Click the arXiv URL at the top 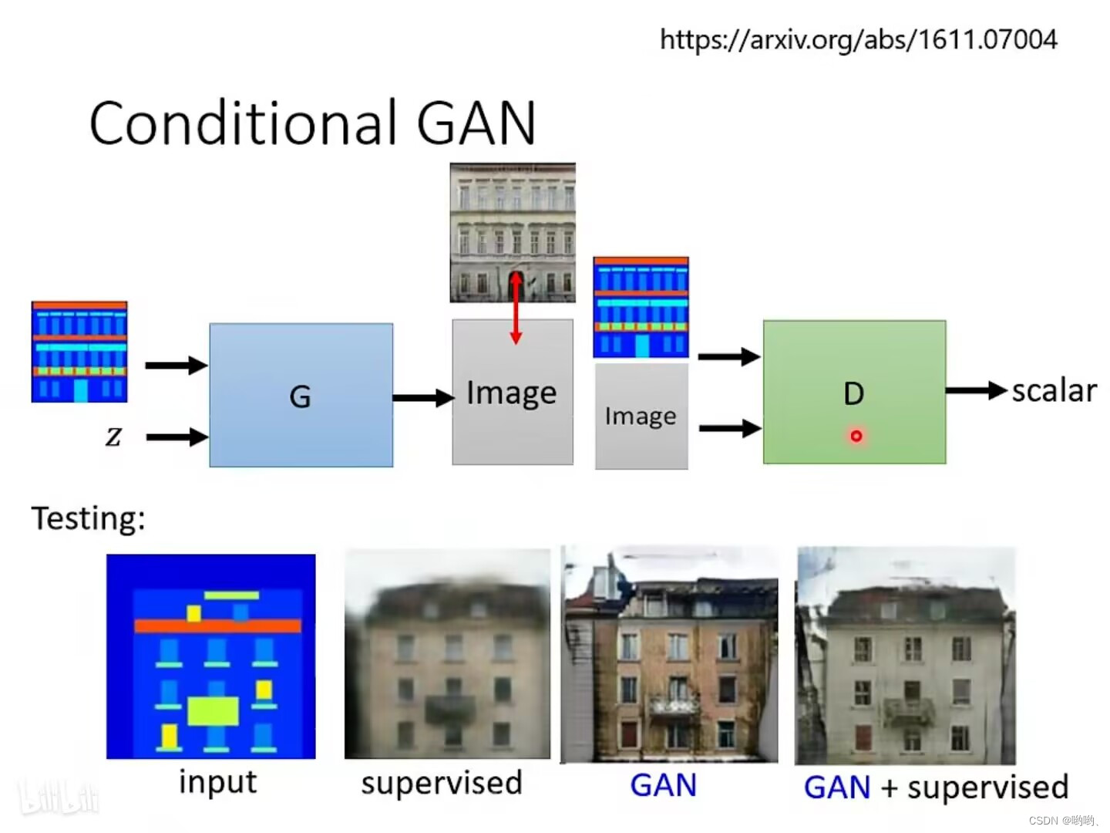[858, 39]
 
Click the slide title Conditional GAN [312, 123]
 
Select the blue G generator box [301, 395]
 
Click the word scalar [1054, 391]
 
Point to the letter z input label [113, 437]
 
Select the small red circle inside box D [856, 437]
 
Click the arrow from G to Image [422, 398]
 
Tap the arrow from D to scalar [976, 391]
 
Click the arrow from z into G [177, 437]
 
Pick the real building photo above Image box [513, 231]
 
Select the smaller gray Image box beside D [641, 416]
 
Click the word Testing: [88, 518]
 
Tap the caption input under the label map [217, 782]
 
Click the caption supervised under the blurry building [442, 783]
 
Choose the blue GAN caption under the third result [663, 785]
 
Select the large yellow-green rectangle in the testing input [213, 711]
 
